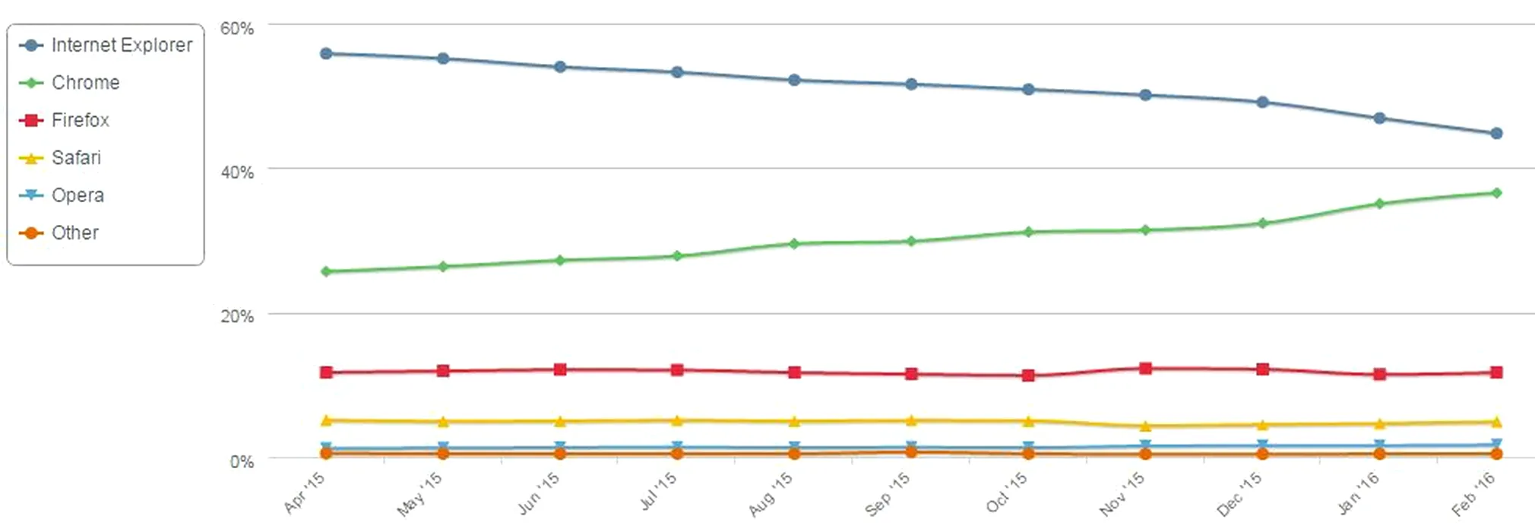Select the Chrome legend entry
(x=85, y=83)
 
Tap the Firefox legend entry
(x=80, y=120)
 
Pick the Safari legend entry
(x=76, y=158)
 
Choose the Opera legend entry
(x=78, y=195)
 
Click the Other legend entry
(x=74, y=233)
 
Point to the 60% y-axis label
(x=236, y=29)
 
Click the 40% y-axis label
(x=236, y=173)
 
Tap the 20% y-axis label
(x=236, y=317)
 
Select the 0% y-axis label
(x=242, y=462)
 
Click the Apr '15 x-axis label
(x=305, y=492)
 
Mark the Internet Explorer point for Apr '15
(x=326, y=54)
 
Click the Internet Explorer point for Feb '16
(x=1496, y=134)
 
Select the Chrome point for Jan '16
(x=1379, y=204)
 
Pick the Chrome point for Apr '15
(x=326, y=271)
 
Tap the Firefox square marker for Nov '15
(x=1145, y=369)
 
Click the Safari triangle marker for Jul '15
(x=677, y=420)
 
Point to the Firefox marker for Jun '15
(x=560, y=370)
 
